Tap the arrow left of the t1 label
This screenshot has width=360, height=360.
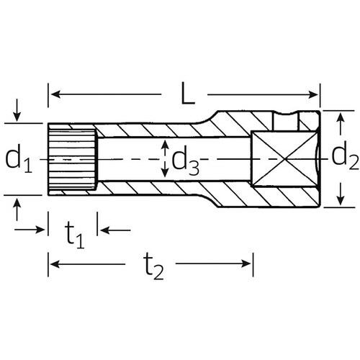pos(41,230)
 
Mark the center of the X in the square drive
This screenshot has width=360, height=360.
pos(285,158)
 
